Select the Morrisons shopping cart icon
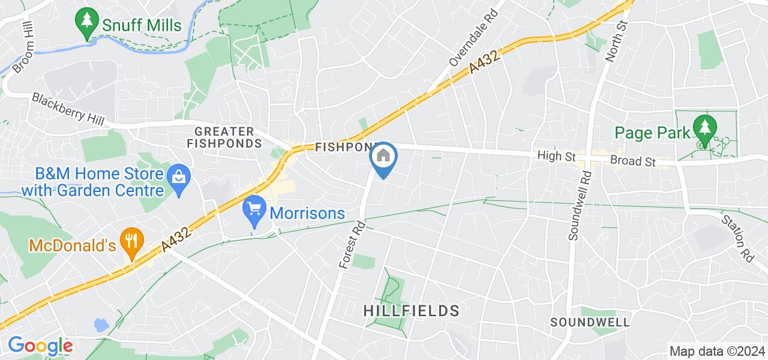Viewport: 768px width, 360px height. [255, 209]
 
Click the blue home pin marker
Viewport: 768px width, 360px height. [383, 157]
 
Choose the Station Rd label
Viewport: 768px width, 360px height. [738, 238]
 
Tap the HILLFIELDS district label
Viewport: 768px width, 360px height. [412, 311]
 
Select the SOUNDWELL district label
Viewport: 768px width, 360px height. [590, 322]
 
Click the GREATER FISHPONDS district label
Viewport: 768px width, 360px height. [224, 137]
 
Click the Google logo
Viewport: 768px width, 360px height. [40, 346]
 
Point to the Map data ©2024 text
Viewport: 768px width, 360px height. [717, 352]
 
